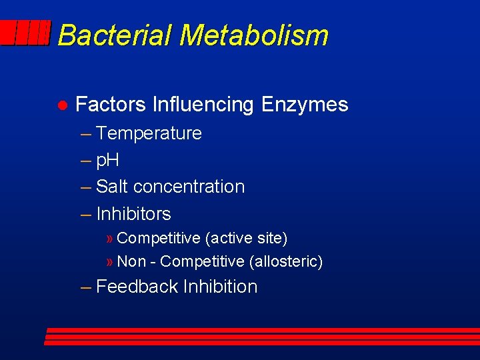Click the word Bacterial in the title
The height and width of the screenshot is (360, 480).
pyautogui.click(x=115, y=35)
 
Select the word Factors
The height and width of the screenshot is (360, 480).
pyautogui.click(x=111, y=105)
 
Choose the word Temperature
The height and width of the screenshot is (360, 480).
pyautogui.click(x=149, y=133)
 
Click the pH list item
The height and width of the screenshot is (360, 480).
pyautogui.click(x=107, y=160)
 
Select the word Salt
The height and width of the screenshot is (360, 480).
pyautogui.click(x=112, y=187)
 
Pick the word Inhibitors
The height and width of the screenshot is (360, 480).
pyautogui.click(x=133, y=214)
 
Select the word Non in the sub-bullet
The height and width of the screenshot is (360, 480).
pyautogui.click(x=131, y=262)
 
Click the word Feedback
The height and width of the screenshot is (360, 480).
pyautogui.click(x=137, y=287)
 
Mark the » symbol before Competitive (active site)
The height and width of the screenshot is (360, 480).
pyautogui.click(x=110, y=239)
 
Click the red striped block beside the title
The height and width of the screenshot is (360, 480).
pyautogui.click(x=25, y=33)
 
